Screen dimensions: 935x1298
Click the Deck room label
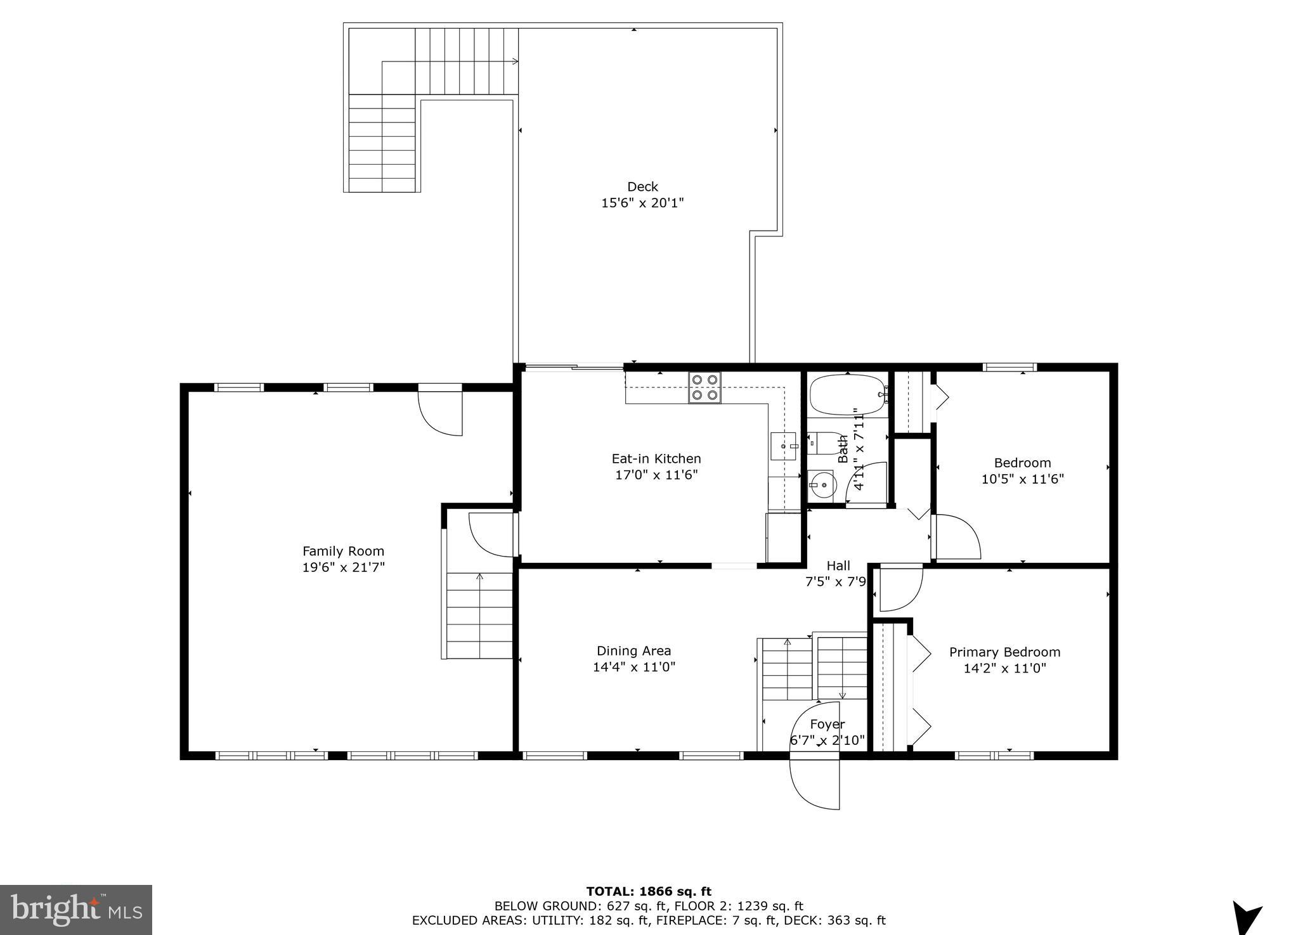pos(642,187)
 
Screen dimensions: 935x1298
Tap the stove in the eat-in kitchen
pos(705,387)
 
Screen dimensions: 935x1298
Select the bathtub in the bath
pos(847,395)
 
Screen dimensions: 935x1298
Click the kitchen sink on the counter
pos(784,446)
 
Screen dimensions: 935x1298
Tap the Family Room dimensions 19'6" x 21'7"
pos(343,568)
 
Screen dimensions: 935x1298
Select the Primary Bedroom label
pos(1004,652)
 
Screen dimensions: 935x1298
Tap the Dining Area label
pos(633,651)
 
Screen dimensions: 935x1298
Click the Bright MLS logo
pos(76,910)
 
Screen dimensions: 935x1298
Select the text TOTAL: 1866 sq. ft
pos(649,892)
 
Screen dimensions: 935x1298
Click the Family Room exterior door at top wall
pos(440,412)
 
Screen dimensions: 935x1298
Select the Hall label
pos(838,565)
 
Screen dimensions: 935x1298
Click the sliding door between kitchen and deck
pos(574,366)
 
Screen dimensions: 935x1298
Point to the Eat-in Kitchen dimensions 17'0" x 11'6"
pos(656,475)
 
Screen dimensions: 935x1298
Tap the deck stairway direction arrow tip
pos(516,61)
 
